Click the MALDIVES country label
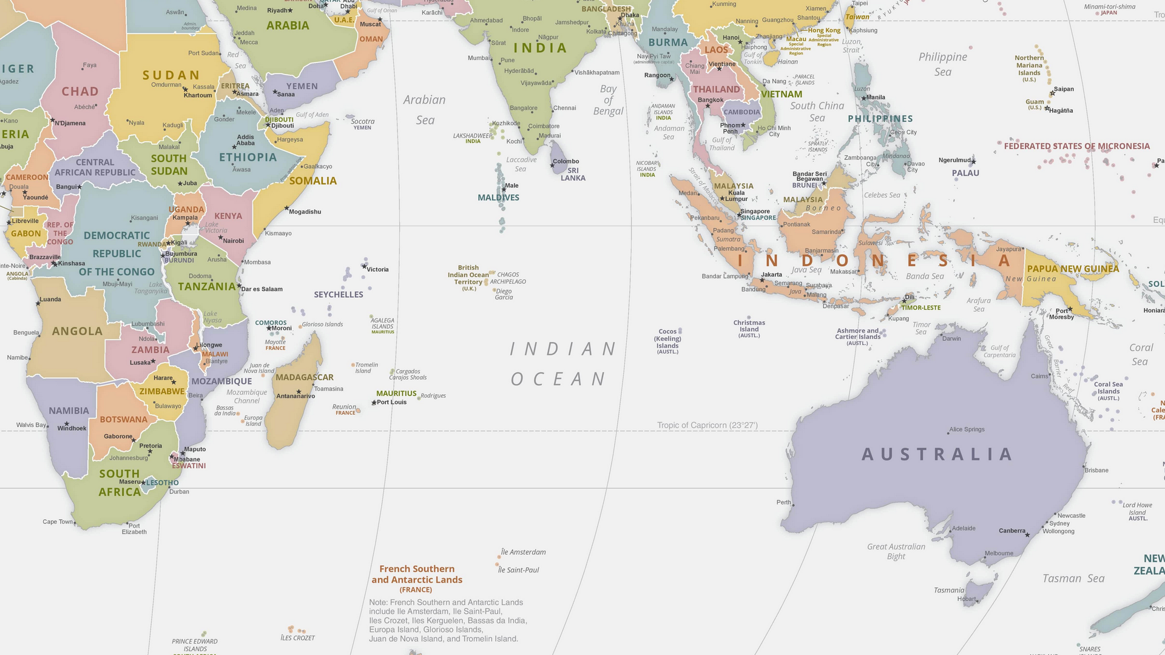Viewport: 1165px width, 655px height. click(x=498, y=198)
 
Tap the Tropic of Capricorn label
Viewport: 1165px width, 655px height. click(x=707, y=425)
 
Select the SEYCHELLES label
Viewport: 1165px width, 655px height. click(x=339, y=295)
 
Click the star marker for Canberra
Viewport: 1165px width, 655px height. click(x=1027, y=535)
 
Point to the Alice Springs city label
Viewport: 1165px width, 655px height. click(x=967, y=429)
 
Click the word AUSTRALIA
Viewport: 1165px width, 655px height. click(x=937, y=454)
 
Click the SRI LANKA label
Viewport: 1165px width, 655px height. click(x=573, y=174)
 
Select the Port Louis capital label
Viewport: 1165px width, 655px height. click(x=391, y=402)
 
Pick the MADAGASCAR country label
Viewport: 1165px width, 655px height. click(x=305, y=377)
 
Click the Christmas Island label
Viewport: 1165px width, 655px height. click(x=749, y=326)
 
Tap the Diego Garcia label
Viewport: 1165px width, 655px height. click(x=504, y=294)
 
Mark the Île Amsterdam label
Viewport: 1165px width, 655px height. click(x=523, y=552)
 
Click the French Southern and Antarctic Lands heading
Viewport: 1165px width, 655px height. click(x=417, y=574)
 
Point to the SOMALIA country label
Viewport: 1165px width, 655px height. click(x=312, y=181)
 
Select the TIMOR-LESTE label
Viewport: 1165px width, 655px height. click(x=920, y=307)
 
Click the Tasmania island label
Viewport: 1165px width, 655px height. click(x=949, y=590)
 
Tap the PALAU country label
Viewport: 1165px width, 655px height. click(x=965, y=173)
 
